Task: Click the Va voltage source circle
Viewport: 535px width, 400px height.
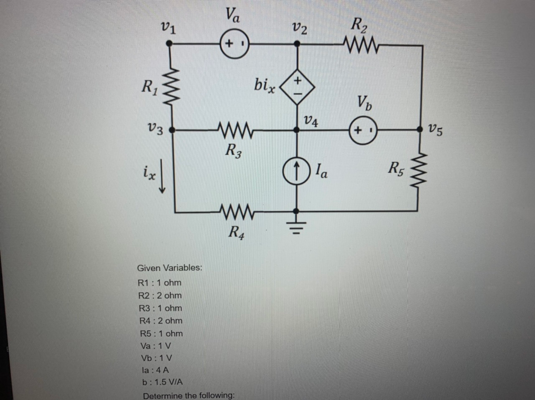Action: pyautogui.click(x=234, y=43)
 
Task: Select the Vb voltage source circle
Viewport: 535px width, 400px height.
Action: pyautogui.click(x=363, y=131)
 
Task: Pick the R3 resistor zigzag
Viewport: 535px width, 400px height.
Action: pyautogui.click(x=235, y=131)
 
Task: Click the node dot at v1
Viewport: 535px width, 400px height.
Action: pyautogui.click(x=169, y=43)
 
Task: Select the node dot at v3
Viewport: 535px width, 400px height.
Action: pyautogui.click(x=171, y=130)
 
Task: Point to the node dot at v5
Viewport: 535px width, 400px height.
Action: pyautogui.click(x=420, y=130)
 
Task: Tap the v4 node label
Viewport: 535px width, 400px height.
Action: pyautogui.click(x=311, y=121)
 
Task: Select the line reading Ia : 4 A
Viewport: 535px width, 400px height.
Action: pyautogui.click(x=155, y=370)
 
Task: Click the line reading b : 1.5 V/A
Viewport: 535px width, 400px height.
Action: pyautogui.click(x=163, y=382)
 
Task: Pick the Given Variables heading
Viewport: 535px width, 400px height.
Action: pyautogui.click(x=170, y=268)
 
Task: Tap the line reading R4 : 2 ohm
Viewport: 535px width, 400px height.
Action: pyautogui.click(x=161, y=321)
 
